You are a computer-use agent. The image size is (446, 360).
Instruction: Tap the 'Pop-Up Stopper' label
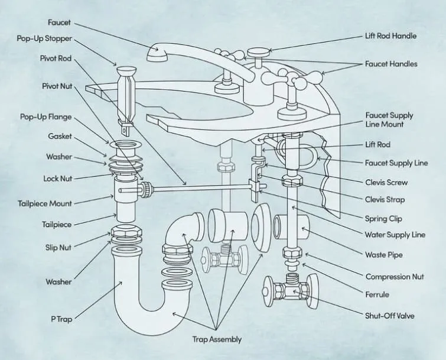[x=44, y=39]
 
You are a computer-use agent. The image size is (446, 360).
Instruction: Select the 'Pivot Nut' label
[x=57, y=86]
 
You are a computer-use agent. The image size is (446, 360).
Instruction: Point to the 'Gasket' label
[x=60, y=136]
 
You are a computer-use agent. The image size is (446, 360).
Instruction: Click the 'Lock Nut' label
[x=57, y=178]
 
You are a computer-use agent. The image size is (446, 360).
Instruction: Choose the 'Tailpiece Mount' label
[x=45, y=203]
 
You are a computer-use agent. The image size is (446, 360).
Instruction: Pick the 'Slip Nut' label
[x=58, y=248]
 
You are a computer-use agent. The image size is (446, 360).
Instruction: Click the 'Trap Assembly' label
[x=217, y=339]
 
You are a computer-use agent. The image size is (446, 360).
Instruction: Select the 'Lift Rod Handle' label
[x=390, y=35]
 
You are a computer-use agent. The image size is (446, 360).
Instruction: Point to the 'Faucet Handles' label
[x=391, y=63]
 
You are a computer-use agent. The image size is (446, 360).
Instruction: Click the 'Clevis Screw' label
[x=386, y=182]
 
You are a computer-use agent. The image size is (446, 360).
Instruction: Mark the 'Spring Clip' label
[x=383, y=218]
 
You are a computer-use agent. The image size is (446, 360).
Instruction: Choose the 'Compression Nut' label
[x=395, y=276]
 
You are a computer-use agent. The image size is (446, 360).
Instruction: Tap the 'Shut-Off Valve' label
[x=389, y=316]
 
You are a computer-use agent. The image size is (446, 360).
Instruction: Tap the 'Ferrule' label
[x=377, y=294]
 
